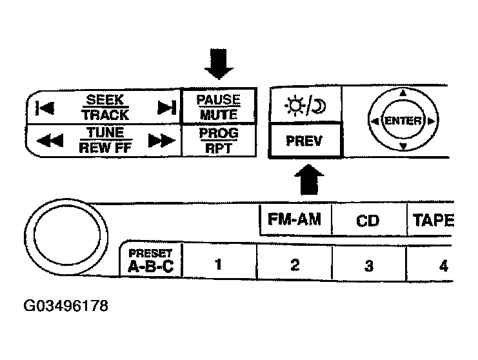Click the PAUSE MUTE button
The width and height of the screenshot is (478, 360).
click(x=219, y=106)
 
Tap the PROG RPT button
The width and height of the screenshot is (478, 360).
click(x=219, y=140)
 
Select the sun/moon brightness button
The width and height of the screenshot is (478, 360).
click(x=306, y=105)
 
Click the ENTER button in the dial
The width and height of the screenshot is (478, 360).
click(x=403, y=121)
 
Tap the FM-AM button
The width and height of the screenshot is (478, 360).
click(x=295, y=219)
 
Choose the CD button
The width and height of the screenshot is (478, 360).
click(x=368, y=220)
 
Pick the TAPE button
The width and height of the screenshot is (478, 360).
click(x=430, y=220)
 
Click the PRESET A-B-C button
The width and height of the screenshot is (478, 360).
click(x=151, y=260)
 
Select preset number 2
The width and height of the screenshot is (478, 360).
click(x=295, y=264)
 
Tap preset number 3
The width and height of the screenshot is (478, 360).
click(x=369, y=265)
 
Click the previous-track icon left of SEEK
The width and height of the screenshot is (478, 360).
click(x=45, y=108)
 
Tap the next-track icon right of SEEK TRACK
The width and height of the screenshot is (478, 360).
click(x=166, y=107)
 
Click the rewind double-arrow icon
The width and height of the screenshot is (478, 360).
click(x=50, y=140)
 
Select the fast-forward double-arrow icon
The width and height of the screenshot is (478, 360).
click(x=161, y=140)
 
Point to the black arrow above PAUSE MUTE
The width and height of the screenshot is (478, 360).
click(x=219, y=64)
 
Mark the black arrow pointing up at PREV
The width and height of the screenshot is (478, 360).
click(x=309, y=179)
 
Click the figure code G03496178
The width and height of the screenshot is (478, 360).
click(x=66, y=306)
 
